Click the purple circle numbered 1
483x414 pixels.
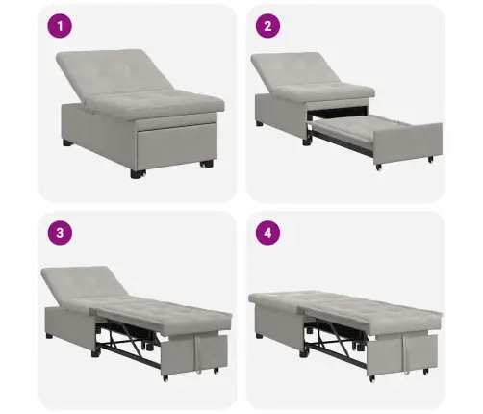point(61,28)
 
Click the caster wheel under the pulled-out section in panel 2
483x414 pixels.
point(378,168)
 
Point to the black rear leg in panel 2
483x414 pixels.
point(261,124)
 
